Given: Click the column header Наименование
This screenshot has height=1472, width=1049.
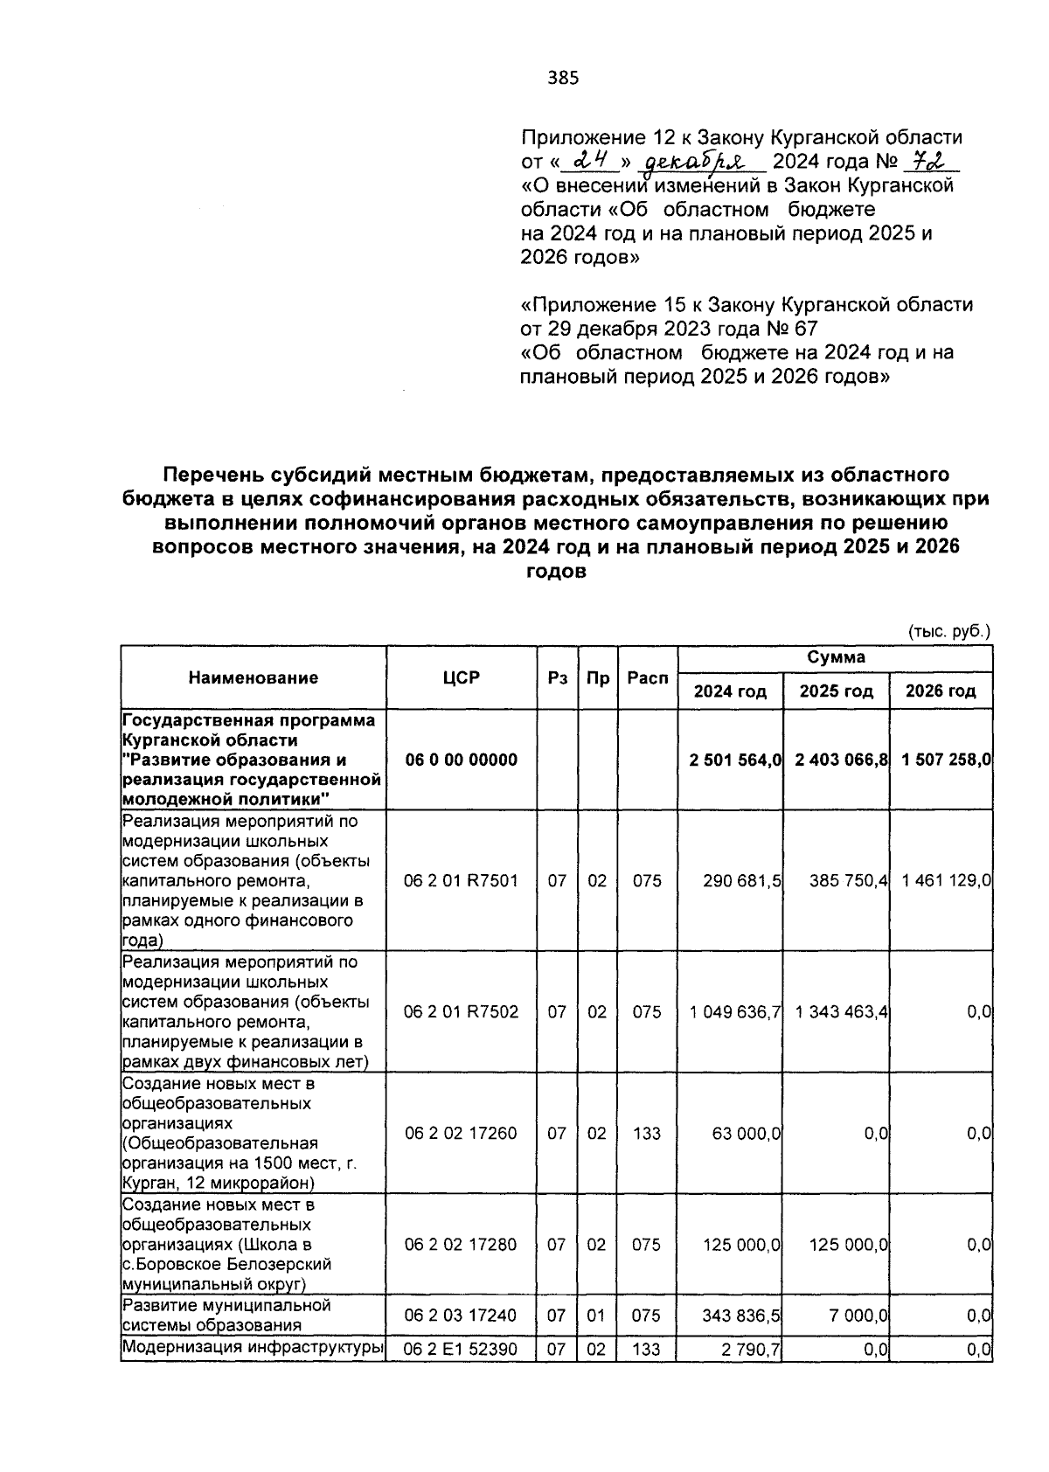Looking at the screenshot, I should click(x=254, y=677).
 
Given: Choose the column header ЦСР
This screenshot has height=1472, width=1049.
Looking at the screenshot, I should click(x=461, y=677).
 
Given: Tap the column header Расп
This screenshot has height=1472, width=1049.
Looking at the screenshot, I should click(x=647, y=678).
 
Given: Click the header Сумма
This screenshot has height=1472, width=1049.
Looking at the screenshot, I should click(x=835, y=657).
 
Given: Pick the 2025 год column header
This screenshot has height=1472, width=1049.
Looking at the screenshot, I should click(x=837, y=691).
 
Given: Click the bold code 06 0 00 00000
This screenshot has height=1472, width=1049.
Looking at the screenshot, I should click(x=461, y=760).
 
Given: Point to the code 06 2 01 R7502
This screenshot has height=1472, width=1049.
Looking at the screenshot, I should click(x=461, y=1011).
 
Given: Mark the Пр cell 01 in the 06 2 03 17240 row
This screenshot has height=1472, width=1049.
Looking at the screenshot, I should click(x=597, y=1316).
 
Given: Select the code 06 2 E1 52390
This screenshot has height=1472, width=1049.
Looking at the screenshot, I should click(x=461, y=1350).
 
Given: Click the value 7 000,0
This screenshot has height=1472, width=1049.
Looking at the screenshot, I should click(x=858, y=1316).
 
